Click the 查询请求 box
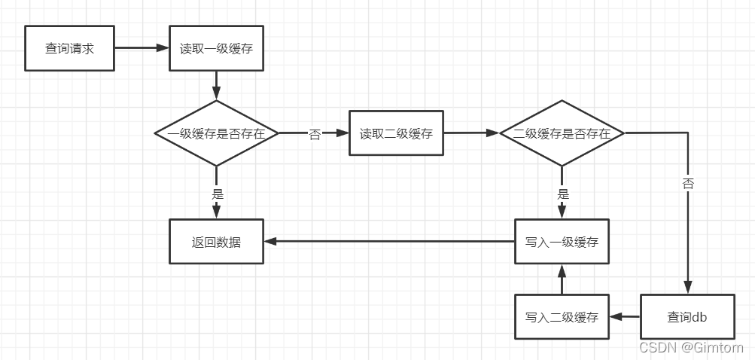pyautogui.click(x=69, y=48)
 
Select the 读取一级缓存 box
pyautogui.click(x=216, y=48)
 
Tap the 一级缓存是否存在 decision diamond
pyautogui.click(x=216, y=133)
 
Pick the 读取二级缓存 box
pyautogui.click(x=396, y=133)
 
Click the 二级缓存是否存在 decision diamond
pyautogui.click(x=562, y=133)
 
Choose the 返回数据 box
pyautogui.click(x=216, y=242)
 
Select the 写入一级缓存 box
pyautogui.click(x=561, y=242)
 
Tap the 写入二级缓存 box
pyautogui.click(x=561, y=317)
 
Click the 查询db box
pyautogui.click(x=687, y=317)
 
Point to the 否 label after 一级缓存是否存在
pyautogui.click(x=315, y=135)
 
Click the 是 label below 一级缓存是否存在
pyautogui.click(x=218, y=193)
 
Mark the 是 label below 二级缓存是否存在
pyautogui.click(x=562, y=193)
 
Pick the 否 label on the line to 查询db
pyautogui.click(x=687, y=183)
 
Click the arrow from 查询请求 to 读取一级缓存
pyautogui.click(x=142, y=48)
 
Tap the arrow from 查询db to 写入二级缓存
pyautogui.click(x=624, y=317)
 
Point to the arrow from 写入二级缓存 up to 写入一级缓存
pyautogui.click(x=561, y=279)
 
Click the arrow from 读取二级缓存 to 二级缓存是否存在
pyautogui.click(x=471, y=133)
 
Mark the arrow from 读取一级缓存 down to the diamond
pyautogui.click(x=216, y=85)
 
